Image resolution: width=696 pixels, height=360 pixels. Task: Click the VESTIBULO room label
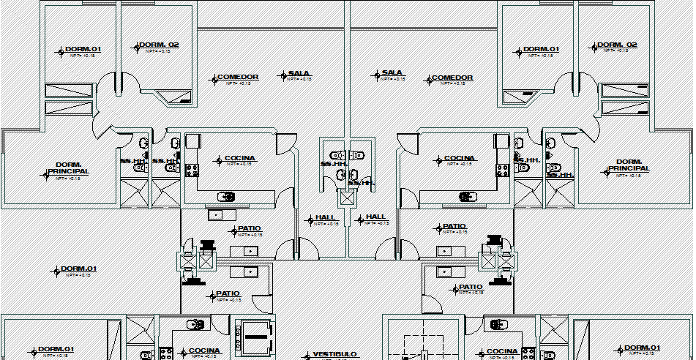(334, 354)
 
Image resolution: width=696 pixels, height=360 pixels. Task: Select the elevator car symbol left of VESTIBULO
(252, 332)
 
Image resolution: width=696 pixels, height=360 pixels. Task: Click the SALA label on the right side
(392, 74)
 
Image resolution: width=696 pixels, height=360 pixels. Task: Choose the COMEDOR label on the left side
(237, 78)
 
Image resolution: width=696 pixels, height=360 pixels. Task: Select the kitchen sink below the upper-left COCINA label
(227, 196)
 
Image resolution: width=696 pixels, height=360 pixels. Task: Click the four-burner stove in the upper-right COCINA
(503, 170)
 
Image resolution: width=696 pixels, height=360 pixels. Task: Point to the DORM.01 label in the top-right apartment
(541, 50)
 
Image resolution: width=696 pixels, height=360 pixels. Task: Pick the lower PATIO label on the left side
(227, 294)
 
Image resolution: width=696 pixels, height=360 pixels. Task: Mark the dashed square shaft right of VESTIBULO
(427, 340)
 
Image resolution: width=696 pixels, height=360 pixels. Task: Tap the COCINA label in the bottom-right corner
(502, 351)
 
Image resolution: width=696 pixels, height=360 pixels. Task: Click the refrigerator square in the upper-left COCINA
(193, 140)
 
